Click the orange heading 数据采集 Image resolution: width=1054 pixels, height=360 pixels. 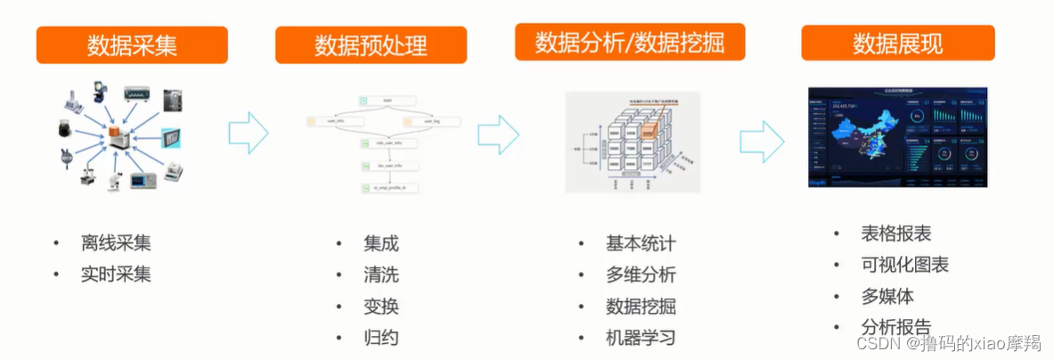pyautogui.click(x=131, y=45)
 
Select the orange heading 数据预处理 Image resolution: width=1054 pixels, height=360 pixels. pyautogui.click(x=371, y=45)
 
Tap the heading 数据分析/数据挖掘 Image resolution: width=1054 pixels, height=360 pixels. pyautogui.click(x=629, y=42)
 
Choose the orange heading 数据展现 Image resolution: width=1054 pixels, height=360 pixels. pyautogui.click(x=897, y=43)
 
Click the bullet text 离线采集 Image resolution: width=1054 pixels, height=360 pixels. pyautogui.click(x=116, y=243)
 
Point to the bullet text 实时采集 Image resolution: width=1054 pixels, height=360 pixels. pyautogui.click(x=116, y=274)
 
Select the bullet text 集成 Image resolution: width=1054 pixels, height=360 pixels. pyautogui.click(x=380, y=243)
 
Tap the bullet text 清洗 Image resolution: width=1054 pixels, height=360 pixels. pyautogui.click(x=380, y=275)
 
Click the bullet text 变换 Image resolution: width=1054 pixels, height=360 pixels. pyautogui.click(x=380, y=307)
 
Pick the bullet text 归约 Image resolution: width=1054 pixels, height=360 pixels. pyautogui.click(x=380, y=338)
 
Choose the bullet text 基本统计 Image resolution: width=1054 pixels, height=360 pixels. pyautogui.click(x=641, y=243)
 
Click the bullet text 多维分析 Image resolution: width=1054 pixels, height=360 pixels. pyautogui.click(x=641, y=274)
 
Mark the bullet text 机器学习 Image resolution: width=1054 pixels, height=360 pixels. pyautogui.click(x=641, y=338)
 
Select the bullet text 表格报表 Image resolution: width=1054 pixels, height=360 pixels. pyautogui.click(x=895, y=233)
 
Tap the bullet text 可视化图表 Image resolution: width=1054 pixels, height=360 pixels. pyautogui.click(x=904, y=265)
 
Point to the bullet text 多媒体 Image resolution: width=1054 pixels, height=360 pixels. pyautogui.click(x=887, y=296)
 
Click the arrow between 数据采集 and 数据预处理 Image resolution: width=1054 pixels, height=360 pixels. pyautogui.click(x=249, y=133)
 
